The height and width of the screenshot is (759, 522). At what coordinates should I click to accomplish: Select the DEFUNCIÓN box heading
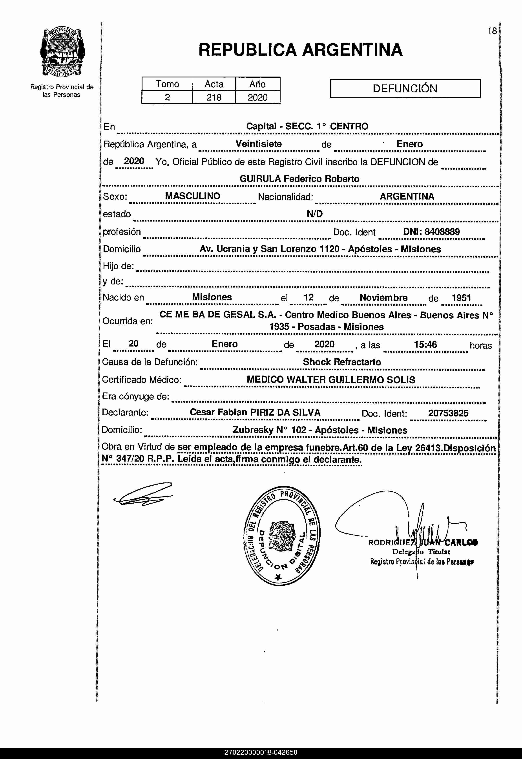[x=405, y=88]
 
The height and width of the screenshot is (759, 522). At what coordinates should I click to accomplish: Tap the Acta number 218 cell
[x=214, y=97]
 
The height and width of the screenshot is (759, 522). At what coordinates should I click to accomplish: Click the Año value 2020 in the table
[x=257, y=97]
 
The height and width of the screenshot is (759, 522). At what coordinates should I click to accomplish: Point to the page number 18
[x=492, y=31]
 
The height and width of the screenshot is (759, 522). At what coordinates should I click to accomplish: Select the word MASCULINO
[x=193, y=196]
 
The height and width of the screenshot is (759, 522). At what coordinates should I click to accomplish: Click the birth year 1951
[x=461, y=298]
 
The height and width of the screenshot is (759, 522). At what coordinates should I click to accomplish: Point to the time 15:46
[x=425, y=345]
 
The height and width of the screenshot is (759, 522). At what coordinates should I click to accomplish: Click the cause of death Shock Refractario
[x=342, y=362]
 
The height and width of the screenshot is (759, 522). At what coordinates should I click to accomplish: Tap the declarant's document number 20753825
[x=448, y=413]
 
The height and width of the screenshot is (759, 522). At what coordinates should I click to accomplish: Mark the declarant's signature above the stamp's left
[x=143, y=494]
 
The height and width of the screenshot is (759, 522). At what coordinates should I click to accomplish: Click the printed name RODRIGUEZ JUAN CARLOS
[x=423, y=543]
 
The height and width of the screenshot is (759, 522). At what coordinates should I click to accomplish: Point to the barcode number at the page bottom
[x=261, y=752]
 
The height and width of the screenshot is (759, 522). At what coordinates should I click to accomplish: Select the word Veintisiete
[x=259, y=144]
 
